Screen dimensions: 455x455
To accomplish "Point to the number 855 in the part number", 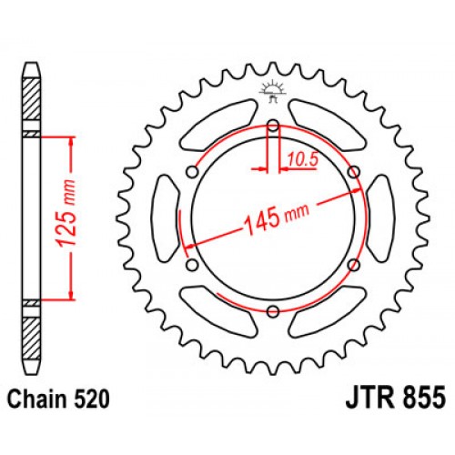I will (x=420, y=398).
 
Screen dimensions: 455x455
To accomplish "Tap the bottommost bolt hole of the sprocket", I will (x=272, y=312).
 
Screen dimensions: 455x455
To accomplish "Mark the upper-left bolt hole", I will (x=192, y=172).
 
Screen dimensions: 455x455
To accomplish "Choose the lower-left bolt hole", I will (x=192, y=266).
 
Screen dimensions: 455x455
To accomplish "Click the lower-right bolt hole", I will (x=353, y=266).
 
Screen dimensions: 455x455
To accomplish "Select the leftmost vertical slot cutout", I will (x=165, y=218).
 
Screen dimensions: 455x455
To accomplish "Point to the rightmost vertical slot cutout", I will (x=379, y=218).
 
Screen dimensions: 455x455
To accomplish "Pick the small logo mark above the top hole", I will (x=272, y=88).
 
